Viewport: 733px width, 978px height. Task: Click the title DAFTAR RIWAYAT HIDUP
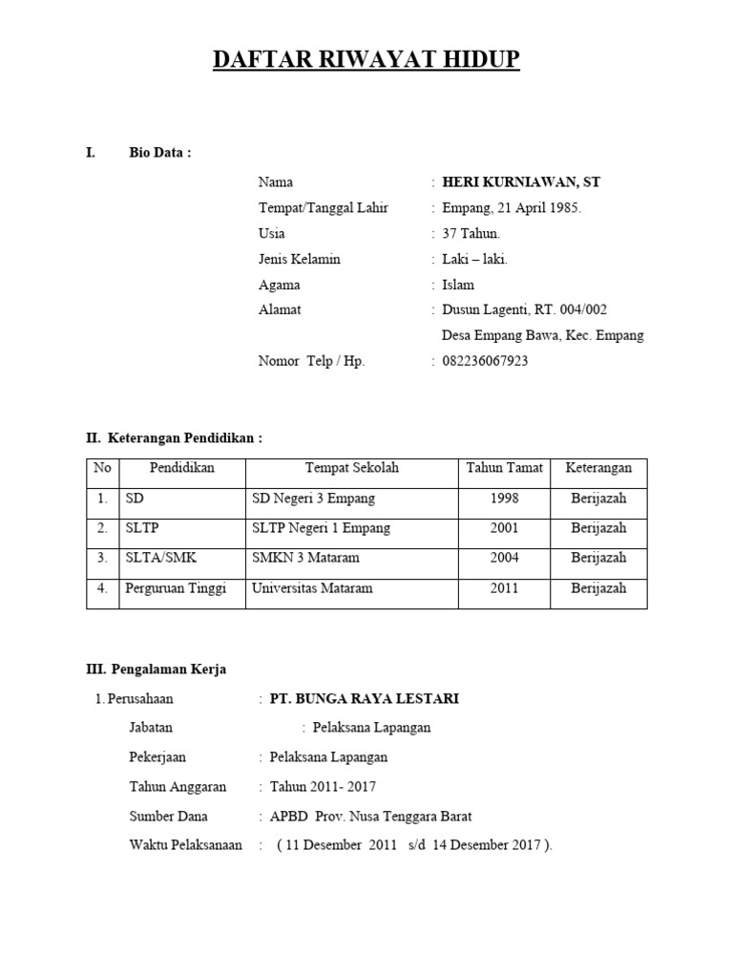366,60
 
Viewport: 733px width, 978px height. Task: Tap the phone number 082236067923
485,361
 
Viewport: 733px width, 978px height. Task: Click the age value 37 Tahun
471,233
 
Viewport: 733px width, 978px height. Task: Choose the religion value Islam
458,285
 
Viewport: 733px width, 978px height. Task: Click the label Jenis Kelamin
299,259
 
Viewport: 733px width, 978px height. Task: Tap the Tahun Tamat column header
505,468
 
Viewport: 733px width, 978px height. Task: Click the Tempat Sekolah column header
352,468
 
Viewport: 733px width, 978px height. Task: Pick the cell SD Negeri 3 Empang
313,499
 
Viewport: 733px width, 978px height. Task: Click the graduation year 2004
505,558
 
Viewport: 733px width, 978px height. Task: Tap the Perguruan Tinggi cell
176,588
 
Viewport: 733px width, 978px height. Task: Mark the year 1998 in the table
505,499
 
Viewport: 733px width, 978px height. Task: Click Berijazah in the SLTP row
598,528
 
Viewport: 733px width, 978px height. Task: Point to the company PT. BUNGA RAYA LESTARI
365,699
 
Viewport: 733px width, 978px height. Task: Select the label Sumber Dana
168,817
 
